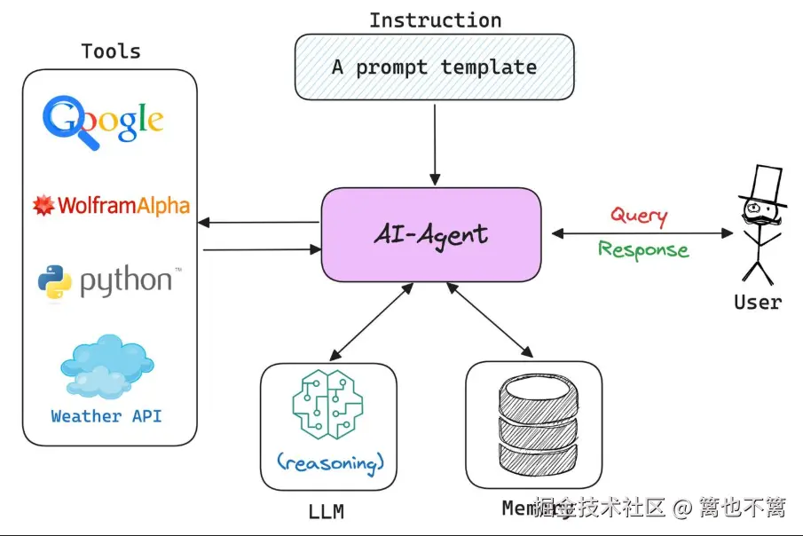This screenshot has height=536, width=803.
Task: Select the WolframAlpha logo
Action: tap(112, 206)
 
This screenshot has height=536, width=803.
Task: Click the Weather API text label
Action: tap(106, 415)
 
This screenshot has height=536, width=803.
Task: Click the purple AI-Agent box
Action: tap(430, 234)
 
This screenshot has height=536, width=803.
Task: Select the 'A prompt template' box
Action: tap(434, 67)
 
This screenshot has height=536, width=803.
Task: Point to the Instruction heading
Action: tap(435, 20)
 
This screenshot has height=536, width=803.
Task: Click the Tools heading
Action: tap(111, 51)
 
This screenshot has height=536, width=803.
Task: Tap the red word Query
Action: tap(639, 215)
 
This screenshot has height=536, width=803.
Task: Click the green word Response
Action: tap(643, 249)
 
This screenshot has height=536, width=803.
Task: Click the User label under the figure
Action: tap(758, 302)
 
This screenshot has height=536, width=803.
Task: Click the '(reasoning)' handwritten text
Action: tap(329, 461)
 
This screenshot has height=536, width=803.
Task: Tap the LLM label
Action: tap(326, 512)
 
